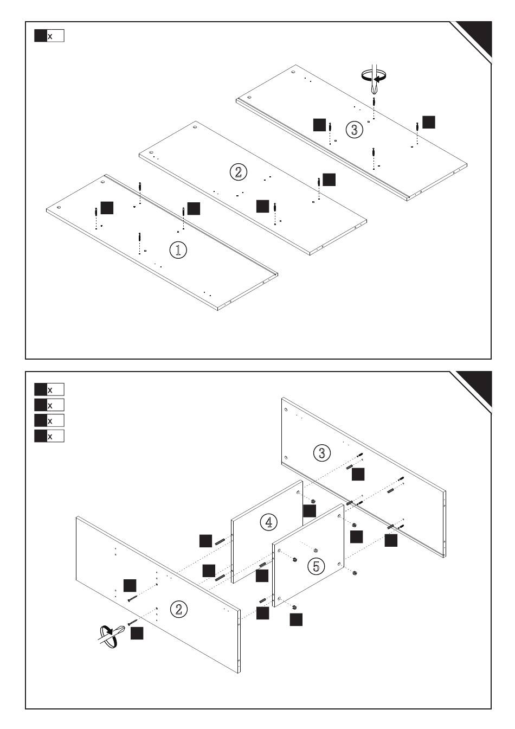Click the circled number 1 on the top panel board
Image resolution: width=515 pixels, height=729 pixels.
(x=178, y=250)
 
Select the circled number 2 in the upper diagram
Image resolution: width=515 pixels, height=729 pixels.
(x=238, y=172)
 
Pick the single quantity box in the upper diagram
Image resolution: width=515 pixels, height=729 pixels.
(x=49, y=36)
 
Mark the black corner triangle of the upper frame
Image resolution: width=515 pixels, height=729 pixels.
(x=477, y=36)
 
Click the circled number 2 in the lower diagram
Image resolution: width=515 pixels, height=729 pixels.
(x=179, y=609)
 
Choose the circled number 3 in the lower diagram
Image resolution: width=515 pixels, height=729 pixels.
(x=322, y=452)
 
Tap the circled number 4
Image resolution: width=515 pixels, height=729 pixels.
(x=268, y=522)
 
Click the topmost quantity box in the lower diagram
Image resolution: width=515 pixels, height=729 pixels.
(x=49, y=389)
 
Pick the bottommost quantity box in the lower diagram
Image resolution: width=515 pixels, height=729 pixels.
(x=49, y=436)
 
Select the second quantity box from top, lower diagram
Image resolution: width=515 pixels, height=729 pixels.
(x=49, y=405)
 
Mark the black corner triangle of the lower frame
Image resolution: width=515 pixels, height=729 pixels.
(x=477, y=385)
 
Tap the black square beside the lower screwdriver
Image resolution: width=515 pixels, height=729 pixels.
(x=137, y=633)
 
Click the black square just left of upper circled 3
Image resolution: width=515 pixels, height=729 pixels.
(x=320, y=124)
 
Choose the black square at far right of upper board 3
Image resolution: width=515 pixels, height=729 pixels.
(x=429, y=122)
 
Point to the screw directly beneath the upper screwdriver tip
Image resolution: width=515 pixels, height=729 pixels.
(x=374, y=103)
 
